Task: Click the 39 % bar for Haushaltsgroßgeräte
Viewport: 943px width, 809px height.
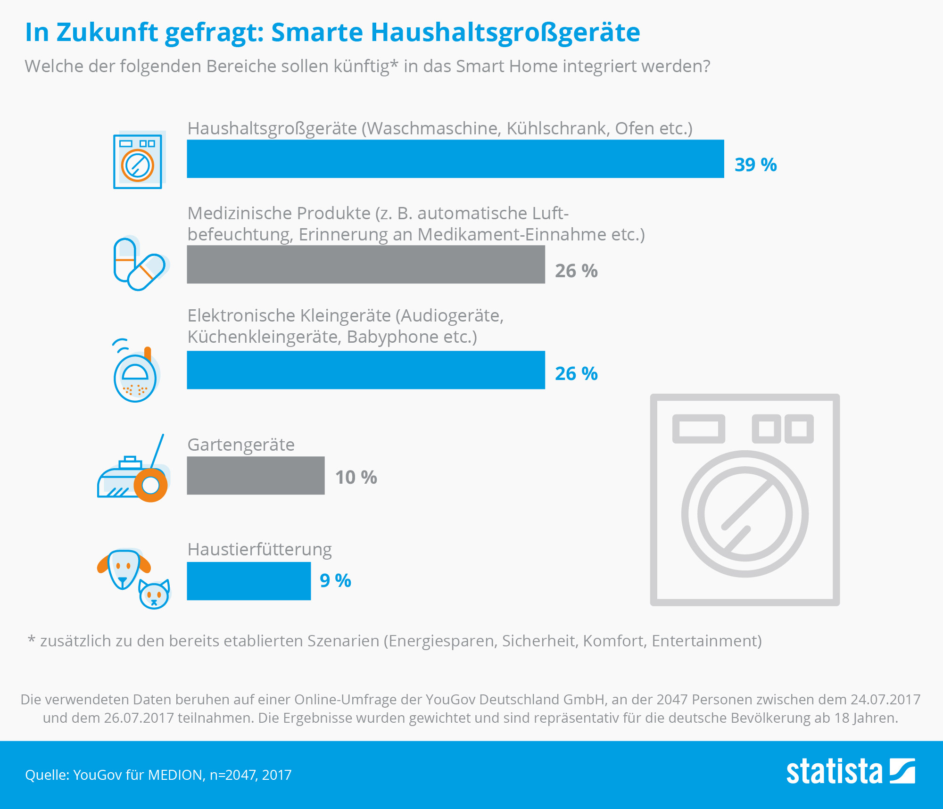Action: click(455, 159)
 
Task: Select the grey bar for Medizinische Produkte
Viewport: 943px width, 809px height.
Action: click(365, 264)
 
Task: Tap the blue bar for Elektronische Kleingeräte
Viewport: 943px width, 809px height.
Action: click(365, 370)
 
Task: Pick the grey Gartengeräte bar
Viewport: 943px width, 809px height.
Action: click(256, 476)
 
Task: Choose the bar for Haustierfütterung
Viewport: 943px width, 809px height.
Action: click(248, 581)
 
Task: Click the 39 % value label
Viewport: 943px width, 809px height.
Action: click(755, 165)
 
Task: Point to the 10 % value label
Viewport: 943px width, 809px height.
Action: click(356, 478)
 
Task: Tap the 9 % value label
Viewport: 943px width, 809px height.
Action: click(335, 581)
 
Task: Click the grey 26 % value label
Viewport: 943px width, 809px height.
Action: click(576, 271)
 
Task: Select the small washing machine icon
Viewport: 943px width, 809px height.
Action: click(138, 161)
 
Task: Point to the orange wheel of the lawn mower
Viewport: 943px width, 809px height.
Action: click(151, 485)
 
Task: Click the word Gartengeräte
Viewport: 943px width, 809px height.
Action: click(241, 445)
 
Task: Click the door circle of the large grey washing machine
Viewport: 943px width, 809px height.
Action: click(745, 514)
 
